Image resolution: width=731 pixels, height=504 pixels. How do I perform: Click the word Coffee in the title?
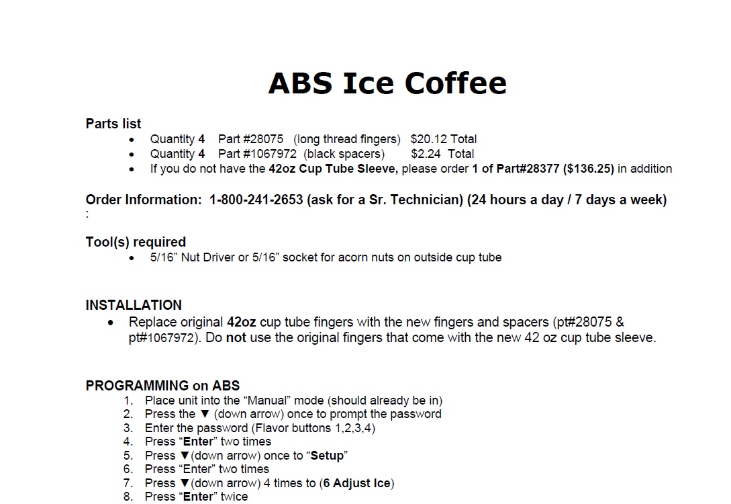[455, 83]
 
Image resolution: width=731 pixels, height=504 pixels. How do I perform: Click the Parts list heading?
[113, 124]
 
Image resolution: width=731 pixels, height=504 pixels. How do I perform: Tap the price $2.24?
[426, 154]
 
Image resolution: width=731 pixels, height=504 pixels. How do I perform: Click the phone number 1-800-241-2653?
[256, 200]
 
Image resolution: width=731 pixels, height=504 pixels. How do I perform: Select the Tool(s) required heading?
[136, 242]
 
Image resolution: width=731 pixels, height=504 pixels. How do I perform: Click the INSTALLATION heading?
[134, 305]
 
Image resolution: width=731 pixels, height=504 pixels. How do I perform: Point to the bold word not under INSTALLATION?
[236, 337]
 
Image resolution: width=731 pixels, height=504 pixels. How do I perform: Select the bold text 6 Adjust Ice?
[357, 483]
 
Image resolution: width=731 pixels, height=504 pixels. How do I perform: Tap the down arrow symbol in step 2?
[205, 414]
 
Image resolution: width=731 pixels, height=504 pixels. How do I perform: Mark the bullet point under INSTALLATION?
[111, 323]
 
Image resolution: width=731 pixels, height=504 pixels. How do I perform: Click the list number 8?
[128, 497]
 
